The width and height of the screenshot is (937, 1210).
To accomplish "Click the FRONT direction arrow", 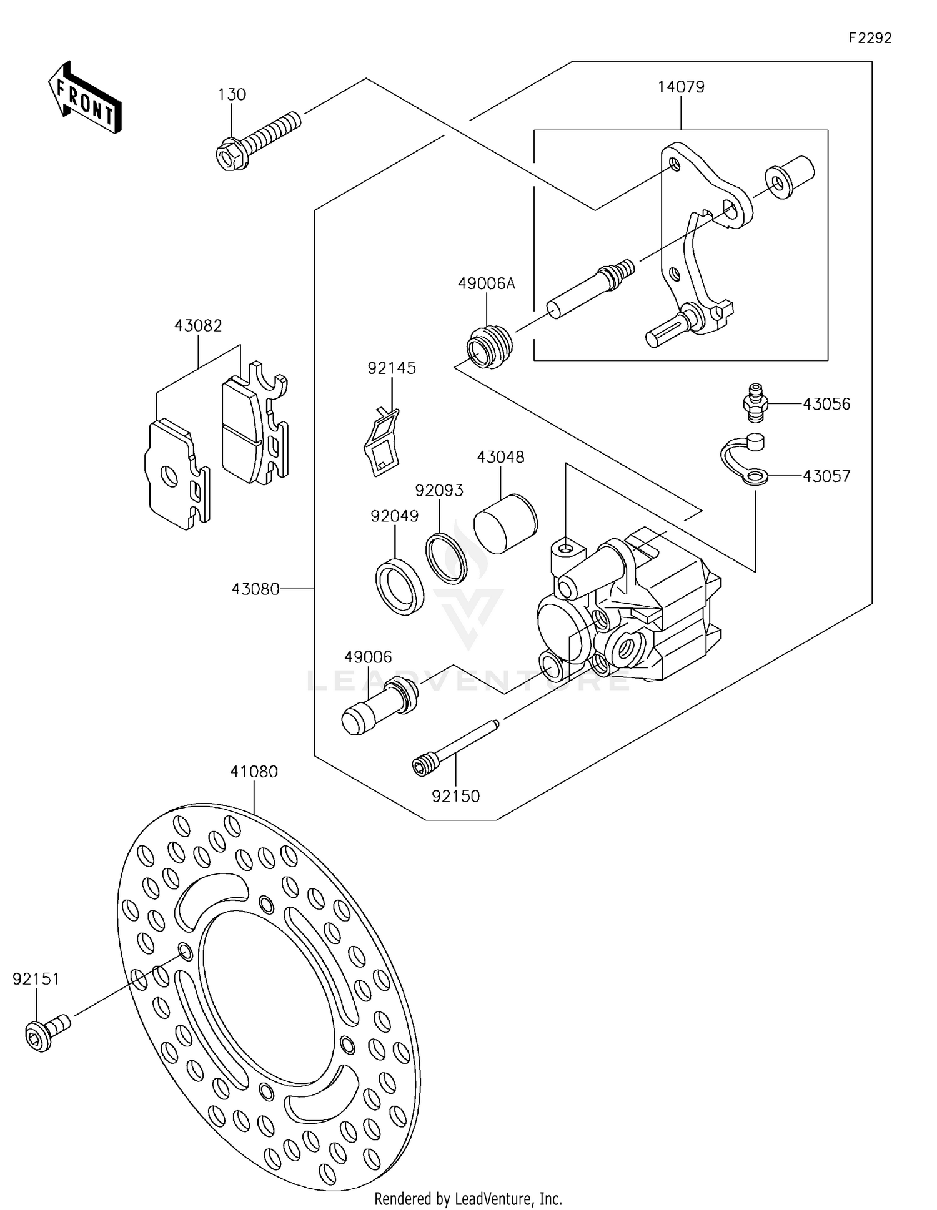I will (84, 98).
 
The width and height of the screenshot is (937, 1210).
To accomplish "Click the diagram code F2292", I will (870, 38).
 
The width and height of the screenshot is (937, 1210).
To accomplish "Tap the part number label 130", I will (232, 94).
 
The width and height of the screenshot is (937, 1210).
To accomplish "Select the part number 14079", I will (680, 87).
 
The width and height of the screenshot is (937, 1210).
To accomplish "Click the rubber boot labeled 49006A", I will (489, 347).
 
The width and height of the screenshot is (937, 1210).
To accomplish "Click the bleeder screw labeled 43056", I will (756, 403).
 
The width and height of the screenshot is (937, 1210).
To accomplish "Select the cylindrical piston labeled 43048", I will (505, 523).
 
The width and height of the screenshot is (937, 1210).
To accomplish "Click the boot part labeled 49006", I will (379, 707).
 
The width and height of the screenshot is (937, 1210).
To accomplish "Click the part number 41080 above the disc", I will (254, 772).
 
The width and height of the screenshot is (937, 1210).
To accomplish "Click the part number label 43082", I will (198, 325).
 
